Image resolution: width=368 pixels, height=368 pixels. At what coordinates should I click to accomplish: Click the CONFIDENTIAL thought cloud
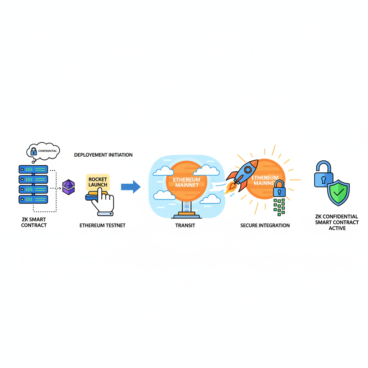pos(43,151)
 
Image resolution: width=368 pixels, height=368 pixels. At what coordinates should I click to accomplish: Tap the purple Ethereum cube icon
pos(68,187)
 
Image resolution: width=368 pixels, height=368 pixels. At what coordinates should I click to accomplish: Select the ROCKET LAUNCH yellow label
pos(98,182)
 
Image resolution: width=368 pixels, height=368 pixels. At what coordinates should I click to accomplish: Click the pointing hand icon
pos(102,203)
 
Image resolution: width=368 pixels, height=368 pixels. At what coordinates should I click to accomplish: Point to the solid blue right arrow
pos(130,187)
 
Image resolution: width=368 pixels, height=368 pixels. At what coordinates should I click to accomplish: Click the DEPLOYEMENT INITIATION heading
pos(103,155)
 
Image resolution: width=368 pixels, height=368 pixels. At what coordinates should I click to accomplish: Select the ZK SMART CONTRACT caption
pos(34,222)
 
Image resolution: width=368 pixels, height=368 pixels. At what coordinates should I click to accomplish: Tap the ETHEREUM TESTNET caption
pos(102,226)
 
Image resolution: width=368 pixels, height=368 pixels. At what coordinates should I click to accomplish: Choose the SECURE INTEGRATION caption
pos(265,226)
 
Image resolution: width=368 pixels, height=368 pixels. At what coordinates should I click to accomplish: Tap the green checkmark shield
pos(338,192)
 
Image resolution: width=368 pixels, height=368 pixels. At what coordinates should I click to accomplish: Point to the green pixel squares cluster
pos(279,207)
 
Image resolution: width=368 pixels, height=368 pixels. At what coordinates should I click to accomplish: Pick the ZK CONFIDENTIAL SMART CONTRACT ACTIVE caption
pos(337,222)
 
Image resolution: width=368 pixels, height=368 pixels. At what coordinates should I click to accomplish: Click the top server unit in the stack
pos(33,170)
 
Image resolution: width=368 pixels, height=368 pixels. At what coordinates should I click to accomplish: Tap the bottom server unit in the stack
pos(33,199)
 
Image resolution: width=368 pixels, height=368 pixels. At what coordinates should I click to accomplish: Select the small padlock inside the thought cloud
pos(33,151)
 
